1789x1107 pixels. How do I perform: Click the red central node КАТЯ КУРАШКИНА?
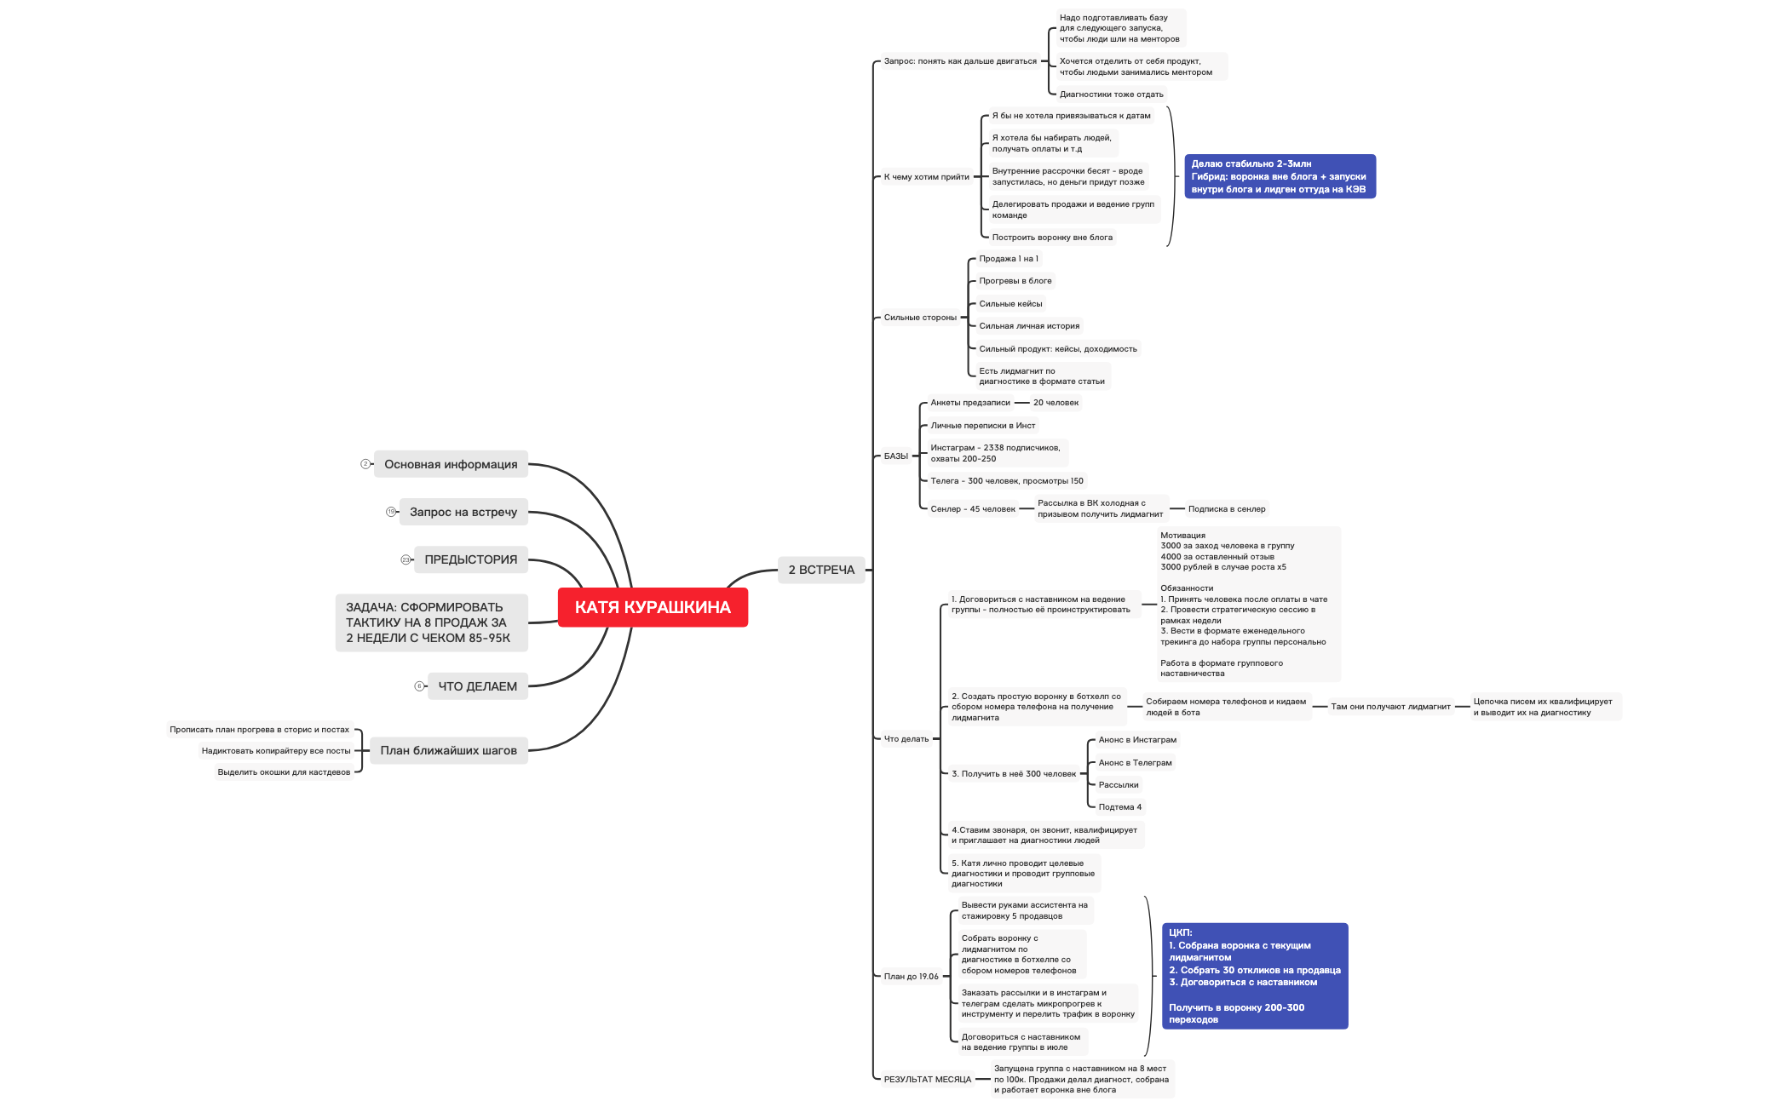click(x=653, y=607)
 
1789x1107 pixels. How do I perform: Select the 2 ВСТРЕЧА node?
click(x=821, y=570)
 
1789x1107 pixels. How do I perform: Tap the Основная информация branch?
click(x=451, y=464)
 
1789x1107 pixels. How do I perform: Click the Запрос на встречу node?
click(x=463, y=512)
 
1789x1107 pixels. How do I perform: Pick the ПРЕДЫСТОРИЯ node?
click(x=470, y=559)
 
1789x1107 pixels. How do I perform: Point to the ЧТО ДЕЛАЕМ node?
click(x=477, y=686)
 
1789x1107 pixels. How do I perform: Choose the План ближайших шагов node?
click(x=448, y=750)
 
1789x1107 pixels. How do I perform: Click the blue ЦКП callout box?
click(x=1254, y=976)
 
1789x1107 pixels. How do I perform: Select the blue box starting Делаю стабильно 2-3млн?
click(x=1280, y=176)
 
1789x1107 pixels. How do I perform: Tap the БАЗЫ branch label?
click(x=895, y=456)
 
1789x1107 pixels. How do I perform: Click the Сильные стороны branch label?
click(x=920, y=318)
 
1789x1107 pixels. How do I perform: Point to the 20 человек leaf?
click(x=1056, y=403)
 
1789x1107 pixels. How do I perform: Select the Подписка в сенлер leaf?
click(x=1227, y=509)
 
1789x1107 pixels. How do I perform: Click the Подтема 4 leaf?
click(x=1119, y=807)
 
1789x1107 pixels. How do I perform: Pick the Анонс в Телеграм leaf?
click(x=1135, y=763)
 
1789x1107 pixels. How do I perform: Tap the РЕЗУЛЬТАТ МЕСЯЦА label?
click(x=927, y=1080)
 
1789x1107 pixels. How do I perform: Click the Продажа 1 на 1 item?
click(x=1009, y=259)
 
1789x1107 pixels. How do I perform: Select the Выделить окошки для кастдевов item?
click(x=284, y=772)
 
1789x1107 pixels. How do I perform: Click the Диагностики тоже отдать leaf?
click(x=1111, y=95)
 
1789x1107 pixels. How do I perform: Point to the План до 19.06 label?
click(x=911, y=977)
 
